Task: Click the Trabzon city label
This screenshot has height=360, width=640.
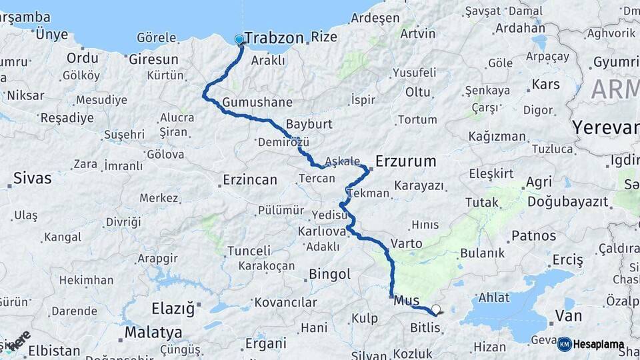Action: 274,38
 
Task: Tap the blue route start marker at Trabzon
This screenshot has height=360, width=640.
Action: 239,39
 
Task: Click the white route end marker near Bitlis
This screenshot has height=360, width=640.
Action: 436,309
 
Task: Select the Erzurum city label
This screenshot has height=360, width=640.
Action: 406,161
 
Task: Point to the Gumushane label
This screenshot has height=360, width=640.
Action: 257,103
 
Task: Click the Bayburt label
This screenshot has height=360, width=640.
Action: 309,125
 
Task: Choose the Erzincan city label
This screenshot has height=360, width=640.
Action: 250,180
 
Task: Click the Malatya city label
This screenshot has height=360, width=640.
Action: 153,331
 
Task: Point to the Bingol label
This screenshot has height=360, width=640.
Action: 329,274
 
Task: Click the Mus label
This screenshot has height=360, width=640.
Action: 407,300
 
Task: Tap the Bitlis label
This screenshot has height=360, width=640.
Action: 425,327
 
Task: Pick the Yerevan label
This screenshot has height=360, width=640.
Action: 605,127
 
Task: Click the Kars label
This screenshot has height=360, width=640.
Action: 545,85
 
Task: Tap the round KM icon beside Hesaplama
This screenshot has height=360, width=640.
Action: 564,344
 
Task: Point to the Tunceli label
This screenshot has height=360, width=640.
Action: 249,251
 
